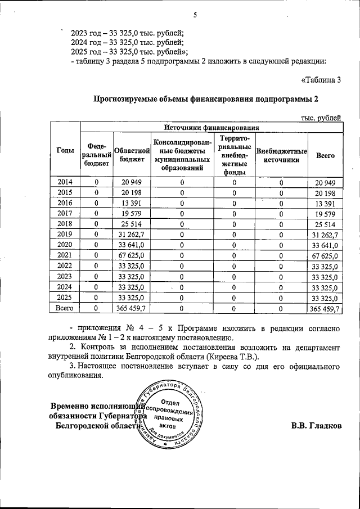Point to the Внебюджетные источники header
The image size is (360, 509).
click(281, 155)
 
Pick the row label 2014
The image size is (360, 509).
click(65, 182)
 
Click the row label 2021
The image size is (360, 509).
click(65, 256)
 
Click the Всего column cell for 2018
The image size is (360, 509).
click(325, 224)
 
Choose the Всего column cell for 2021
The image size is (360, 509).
click(325, 256)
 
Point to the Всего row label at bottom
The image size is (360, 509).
click(65, 308)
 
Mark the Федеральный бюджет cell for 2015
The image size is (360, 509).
click(96, 193)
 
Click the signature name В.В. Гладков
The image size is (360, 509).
click(316, 426)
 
